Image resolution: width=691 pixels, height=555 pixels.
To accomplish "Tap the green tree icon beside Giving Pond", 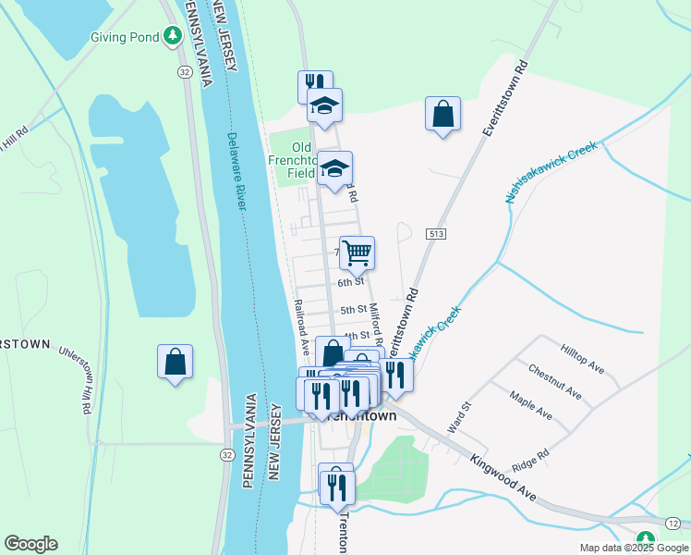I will (172, 36).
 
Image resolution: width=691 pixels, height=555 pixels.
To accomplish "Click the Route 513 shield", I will (437, 234).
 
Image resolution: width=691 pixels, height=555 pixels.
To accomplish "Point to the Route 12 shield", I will (673, 524).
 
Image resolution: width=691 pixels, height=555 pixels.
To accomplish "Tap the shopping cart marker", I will (357, 251).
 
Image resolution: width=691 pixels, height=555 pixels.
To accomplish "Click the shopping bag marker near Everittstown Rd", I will (443, 115).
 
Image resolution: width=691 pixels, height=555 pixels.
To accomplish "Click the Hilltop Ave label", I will (582, 358).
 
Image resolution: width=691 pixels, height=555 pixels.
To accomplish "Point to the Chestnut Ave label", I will (553, 382).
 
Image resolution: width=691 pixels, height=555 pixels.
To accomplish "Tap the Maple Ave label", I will (531, 404).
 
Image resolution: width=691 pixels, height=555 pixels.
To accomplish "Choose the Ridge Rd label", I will (531, 456).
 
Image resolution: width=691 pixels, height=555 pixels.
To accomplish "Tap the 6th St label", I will (351, 282).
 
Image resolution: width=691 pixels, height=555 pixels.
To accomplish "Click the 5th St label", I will (354, 310).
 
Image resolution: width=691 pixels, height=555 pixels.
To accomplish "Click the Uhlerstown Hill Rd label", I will (77, 378).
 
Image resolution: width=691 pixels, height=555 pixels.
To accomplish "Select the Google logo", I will (30, 544).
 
